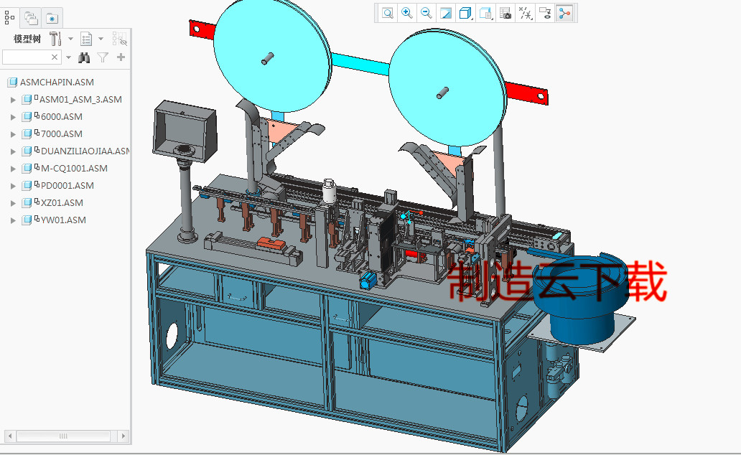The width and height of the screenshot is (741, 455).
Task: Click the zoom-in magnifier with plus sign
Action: point(407,12)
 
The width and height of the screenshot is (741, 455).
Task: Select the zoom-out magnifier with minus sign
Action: point(427,12)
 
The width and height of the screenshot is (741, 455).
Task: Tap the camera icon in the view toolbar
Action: point(505,13)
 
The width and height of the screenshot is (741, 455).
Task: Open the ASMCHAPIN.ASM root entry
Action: point(56,82)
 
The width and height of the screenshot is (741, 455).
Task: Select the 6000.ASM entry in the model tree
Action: point(61,116)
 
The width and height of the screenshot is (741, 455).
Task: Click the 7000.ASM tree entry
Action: point(61,133)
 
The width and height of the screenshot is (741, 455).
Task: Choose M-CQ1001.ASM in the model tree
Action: point(73,168)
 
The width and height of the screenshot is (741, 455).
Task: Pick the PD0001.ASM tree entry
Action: point(67,185)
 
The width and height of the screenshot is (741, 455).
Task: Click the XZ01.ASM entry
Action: point(62,202)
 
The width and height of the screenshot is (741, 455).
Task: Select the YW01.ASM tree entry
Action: point(63,220)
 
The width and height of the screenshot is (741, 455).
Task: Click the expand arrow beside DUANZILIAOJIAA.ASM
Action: point(13,151)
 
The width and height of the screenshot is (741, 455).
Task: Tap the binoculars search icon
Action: point(84,57)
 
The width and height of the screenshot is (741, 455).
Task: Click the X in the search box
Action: point(55,57)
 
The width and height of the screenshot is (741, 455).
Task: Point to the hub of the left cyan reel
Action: point(268,58)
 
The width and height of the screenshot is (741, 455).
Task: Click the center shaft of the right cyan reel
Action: point(442,93)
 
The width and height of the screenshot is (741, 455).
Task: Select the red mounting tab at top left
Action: point(202,29)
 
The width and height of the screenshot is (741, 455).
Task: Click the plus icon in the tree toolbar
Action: point(121,57)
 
